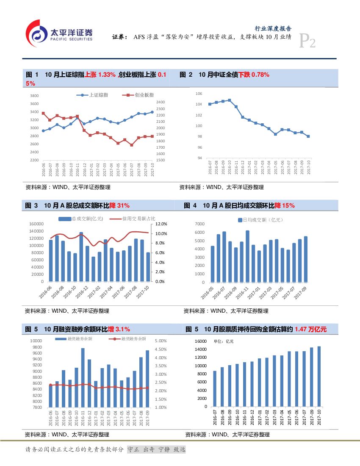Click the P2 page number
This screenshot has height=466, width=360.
(x=307, y=42)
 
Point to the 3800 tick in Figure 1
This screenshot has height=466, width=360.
(x=34, y=96)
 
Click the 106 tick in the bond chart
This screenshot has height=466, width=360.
(x=199, y=93)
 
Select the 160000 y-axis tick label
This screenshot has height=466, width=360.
(x=36, y=224)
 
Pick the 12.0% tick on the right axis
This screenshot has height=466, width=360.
(x=162, y=224)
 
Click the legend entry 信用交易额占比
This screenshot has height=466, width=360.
(x=133, y=219)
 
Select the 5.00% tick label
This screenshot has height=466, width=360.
(x=161, y=341)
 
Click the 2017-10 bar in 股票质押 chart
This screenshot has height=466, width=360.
(x=319, y=376)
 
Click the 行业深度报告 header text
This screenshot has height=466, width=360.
(x=273, y=29)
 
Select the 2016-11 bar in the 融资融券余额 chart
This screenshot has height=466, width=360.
(x=83, y=377)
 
